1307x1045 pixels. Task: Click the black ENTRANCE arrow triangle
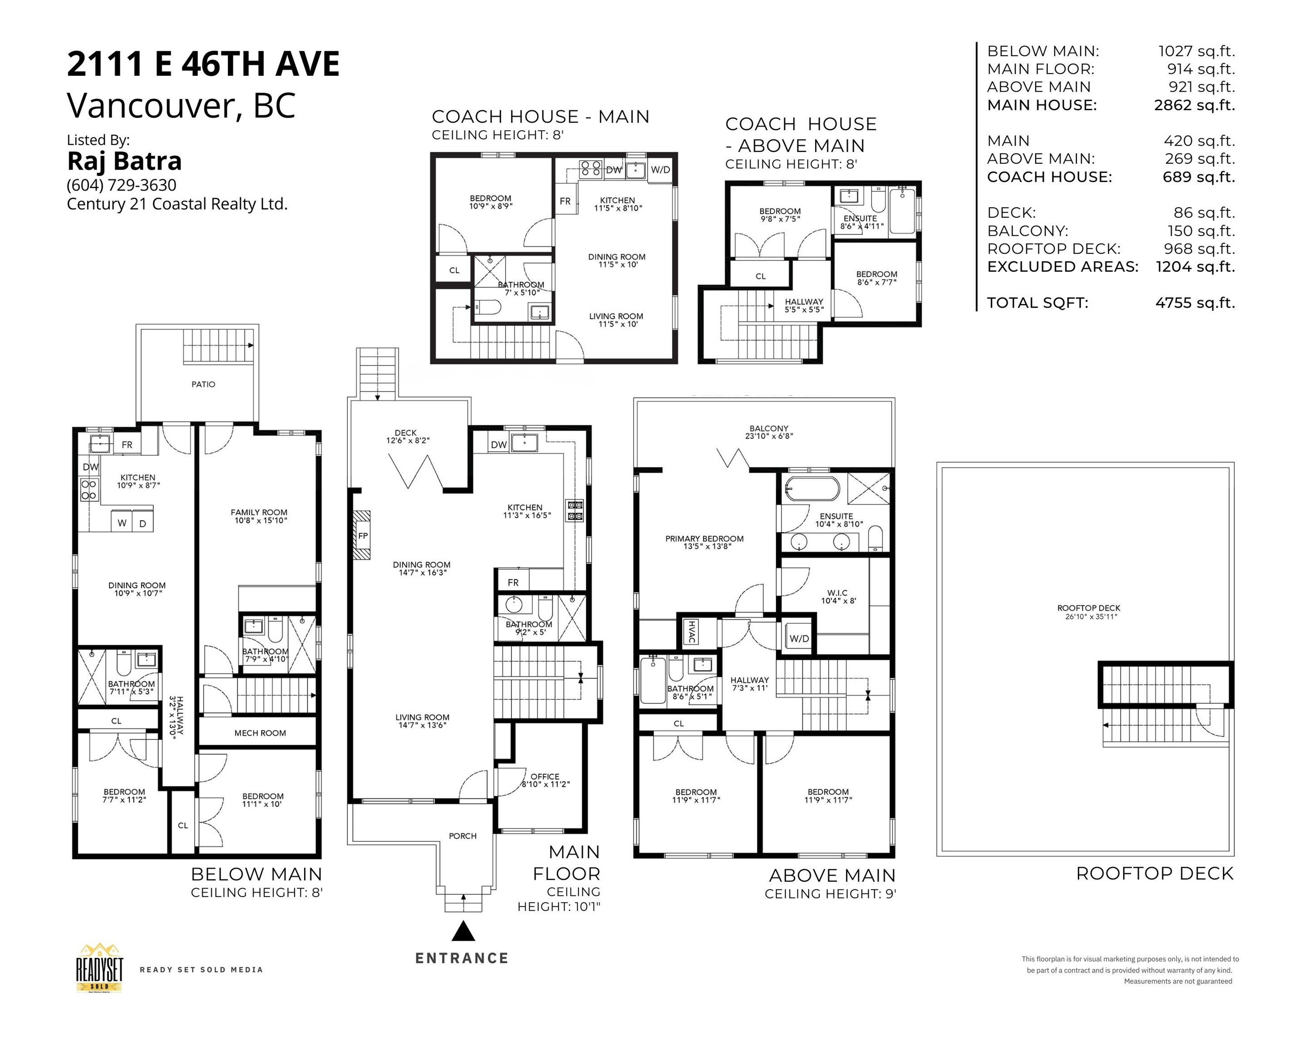point(463,932)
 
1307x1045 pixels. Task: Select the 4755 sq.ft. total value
point(1195,303)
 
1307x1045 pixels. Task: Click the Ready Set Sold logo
point(99,968)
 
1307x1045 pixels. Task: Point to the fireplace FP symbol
point(363,536)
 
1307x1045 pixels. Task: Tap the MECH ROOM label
point(260,733)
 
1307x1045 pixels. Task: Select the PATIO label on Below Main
point(203,384)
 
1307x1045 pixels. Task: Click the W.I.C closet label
point(837,597)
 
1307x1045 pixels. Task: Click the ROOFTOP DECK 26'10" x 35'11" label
point(1089,612)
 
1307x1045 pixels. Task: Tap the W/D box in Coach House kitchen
point(660,170)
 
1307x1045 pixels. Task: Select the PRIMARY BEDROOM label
point(704,542)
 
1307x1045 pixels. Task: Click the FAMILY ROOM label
point(259,516)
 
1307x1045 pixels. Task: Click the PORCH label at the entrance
point(462,836)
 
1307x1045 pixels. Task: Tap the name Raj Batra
point(124,161)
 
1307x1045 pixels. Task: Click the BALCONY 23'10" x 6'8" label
point(769,432)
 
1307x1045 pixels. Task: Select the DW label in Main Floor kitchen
point(499,444)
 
